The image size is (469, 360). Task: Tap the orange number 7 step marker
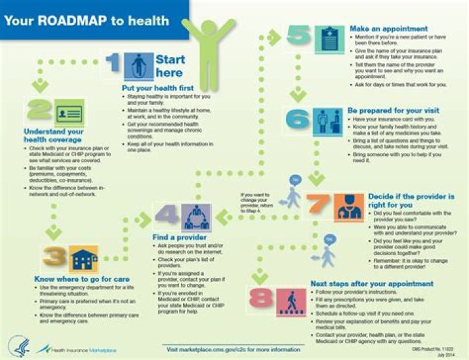[319, 205]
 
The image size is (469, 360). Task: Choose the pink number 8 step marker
[263, 299]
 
